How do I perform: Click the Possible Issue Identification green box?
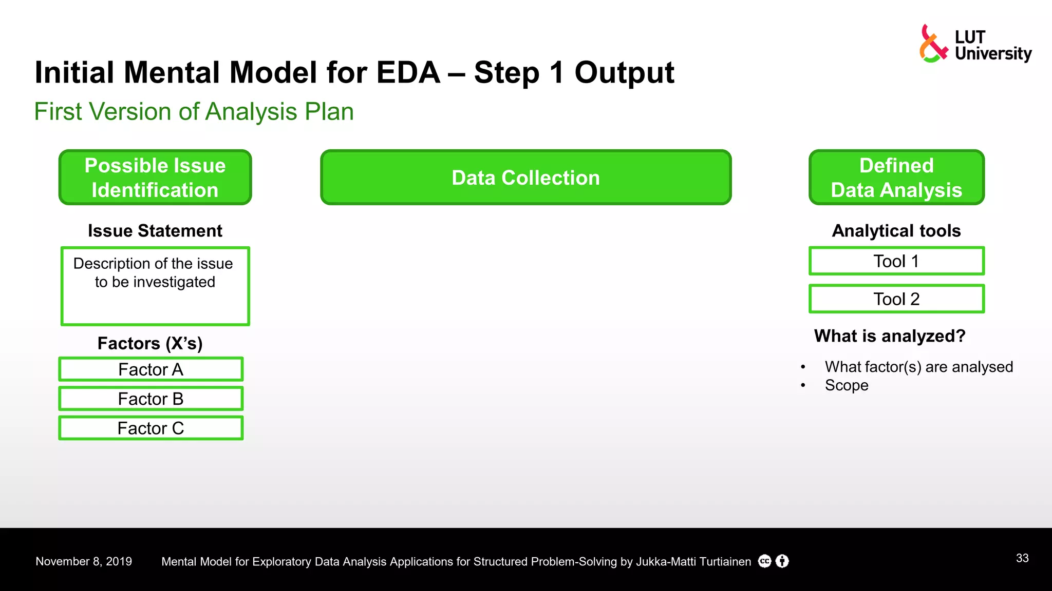[x=155, y=178]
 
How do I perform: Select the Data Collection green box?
[x=525, y=178]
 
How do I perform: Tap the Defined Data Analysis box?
[x=896, y=178]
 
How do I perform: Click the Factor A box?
[x=151, y=369]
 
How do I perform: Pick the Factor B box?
[x=151, y=399]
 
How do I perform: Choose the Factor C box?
[x=151, y=428]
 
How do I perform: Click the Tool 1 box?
[x=896, y=261]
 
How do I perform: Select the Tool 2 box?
[x=896, y=299]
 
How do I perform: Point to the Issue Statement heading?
[x=155, y=231]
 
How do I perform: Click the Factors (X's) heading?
[x=150, y=343]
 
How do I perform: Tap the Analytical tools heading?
[x=896, y=231]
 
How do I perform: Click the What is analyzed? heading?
[x=890, y=336]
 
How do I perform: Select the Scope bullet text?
[x=847, y=385]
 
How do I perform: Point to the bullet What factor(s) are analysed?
[x=918, y=367]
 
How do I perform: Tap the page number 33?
[x=1022, y=558]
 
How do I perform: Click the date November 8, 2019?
[x=84, y=561]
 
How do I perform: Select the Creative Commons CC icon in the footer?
[x=765, y=561]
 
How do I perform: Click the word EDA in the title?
[x=408, y=72]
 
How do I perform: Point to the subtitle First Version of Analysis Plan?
[x=194, y=111]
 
